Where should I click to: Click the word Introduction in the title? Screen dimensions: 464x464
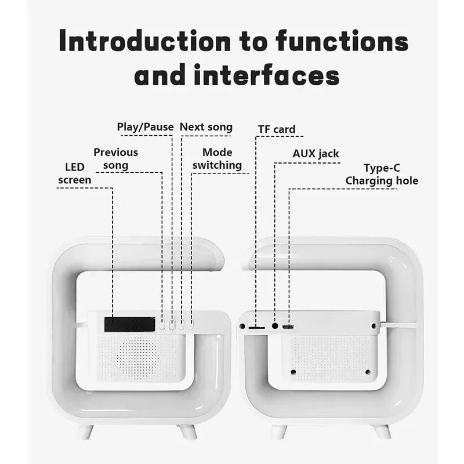(x=146, y=42)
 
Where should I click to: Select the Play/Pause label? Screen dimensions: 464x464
(x=145, y=127)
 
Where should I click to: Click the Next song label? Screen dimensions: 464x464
(x=206, y=127)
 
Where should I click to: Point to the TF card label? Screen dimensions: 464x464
(x=277, y=129)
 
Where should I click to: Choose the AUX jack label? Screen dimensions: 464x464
(x=316, y=154)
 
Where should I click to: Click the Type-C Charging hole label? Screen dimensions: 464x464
(x=382, y=174)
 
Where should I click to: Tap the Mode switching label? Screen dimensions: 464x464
(x=217, y=159)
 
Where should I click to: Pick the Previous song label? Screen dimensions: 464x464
(x=116, y=158)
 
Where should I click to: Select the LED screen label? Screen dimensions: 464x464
(x=75, y=173)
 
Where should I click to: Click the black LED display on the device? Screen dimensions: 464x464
(x=129, y=324)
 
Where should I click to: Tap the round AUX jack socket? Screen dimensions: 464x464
(x=275, y=327)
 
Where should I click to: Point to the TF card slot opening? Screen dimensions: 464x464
(x=256, y=328)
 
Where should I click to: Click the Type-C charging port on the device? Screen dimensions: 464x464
(x=288, y=327)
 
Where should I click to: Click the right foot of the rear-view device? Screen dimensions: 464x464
(x=381, y=431)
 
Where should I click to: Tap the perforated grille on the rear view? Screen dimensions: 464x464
(x=329, y=357)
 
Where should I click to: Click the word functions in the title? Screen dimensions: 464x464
(x=342, y=42)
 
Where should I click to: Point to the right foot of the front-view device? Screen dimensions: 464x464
(x=187, y=431)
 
